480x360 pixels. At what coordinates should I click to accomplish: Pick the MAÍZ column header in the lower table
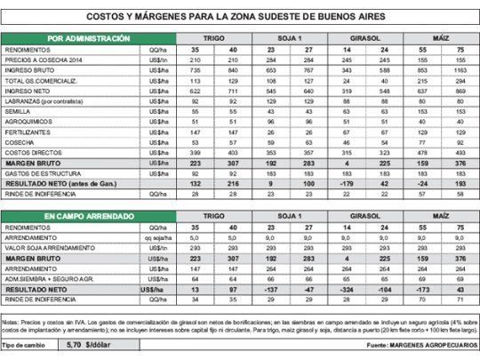click(440, 216)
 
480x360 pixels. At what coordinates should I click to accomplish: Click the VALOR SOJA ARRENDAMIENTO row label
click(52, 247)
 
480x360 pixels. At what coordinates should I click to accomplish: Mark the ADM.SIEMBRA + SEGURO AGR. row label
click(50, 277)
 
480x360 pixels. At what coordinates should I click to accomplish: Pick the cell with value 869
click(459, 92)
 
